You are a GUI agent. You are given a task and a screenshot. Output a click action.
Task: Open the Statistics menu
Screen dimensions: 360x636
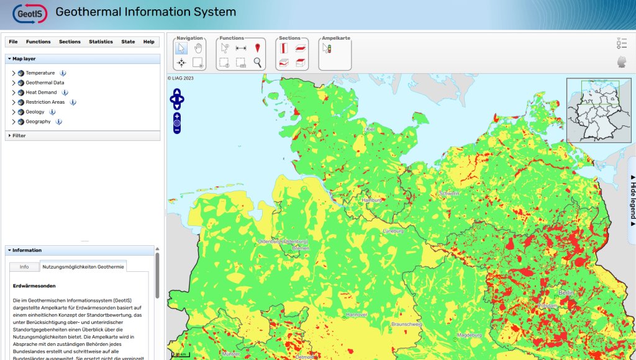pyautogui.click(x=101, y=42)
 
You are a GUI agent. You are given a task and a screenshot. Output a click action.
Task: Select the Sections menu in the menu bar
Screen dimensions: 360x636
pyautogui.click(x=70, y=42)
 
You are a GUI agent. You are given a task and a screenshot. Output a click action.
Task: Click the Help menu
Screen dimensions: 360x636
pyautogui.click(x=148, y=42)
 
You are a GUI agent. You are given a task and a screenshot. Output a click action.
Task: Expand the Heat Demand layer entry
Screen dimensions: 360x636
pyautogui.click(x=14, y=92)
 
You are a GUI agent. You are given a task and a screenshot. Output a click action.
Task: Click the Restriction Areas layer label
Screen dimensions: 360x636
pyautogui.click(x=45, y=102)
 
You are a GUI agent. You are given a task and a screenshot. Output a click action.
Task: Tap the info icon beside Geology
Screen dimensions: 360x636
pyautogui.click(x=52, y=112)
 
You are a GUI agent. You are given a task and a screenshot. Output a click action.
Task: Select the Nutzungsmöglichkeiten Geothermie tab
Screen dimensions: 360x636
pyautogui.click(x=83, y=267)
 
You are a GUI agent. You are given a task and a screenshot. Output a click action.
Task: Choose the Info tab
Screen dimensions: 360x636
pyautogui.click(x=24, y=267)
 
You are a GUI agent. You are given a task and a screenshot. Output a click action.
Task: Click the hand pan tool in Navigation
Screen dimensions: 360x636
pyautogui.click(x=199, y=48)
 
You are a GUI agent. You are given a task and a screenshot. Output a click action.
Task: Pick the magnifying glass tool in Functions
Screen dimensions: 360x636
pyautogui.click(x=258, y=62)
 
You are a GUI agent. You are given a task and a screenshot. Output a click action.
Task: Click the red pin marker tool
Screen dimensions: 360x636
pyautogui.click(x=258, y=48)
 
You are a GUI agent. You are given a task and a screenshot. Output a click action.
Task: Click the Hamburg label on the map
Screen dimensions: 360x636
pyautogui.click(x=372, y=200)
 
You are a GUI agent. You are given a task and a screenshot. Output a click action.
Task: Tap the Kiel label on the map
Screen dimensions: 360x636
pyautogui.click(x=371, y=129)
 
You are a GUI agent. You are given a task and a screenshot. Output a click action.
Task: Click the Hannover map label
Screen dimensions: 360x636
pyautogui.click(x=356, y=315)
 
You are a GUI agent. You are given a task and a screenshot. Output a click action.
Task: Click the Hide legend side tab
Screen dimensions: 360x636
pyautogui.click(x=632, y=199)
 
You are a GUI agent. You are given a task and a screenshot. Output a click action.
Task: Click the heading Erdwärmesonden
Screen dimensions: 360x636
pyautogui.click(x=34, y=286)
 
